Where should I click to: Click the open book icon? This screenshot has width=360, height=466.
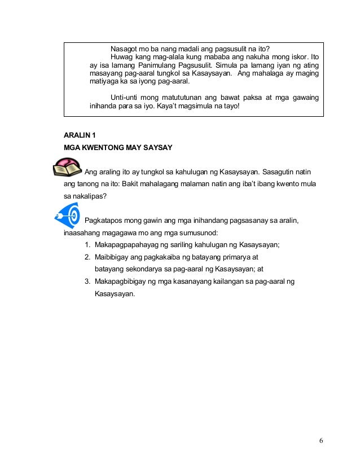pyautogui.click(x=67, y=168)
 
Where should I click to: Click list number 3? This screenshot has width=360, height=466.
pyautogui.click(x=87, y=281)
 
